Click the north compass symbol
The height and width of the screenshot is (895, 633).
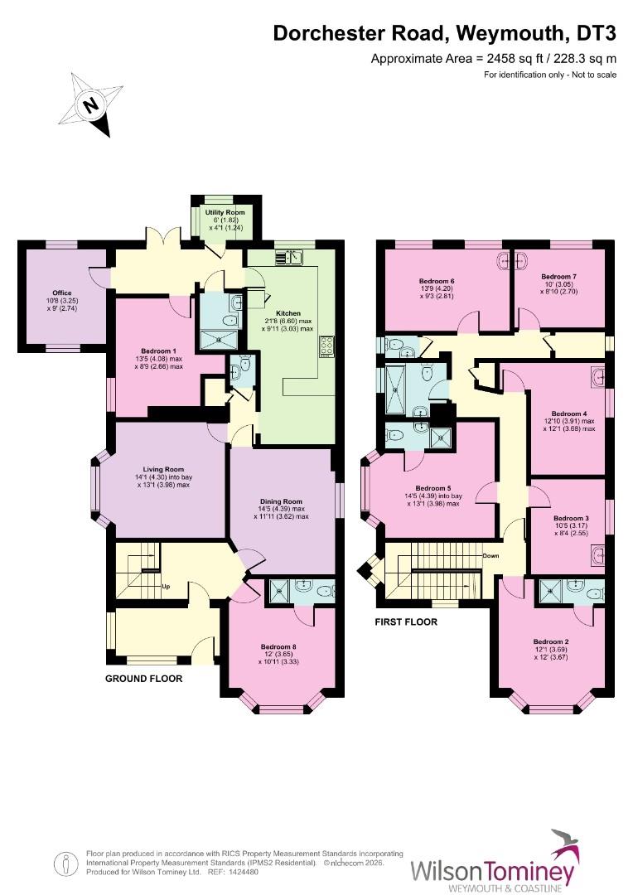pos(91,105)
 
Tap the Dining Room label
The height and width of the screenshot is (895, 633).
pos(281,501)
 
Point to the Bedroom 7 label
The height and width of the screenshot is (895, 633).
pos(558,276)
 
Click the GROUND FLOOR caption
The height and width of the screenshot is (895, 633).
pos(143,678)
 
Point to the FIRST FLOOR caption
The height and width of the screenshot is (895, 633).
pos(405,622)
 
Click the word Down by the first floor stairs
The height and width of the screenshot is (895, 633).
pos(490,556)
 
